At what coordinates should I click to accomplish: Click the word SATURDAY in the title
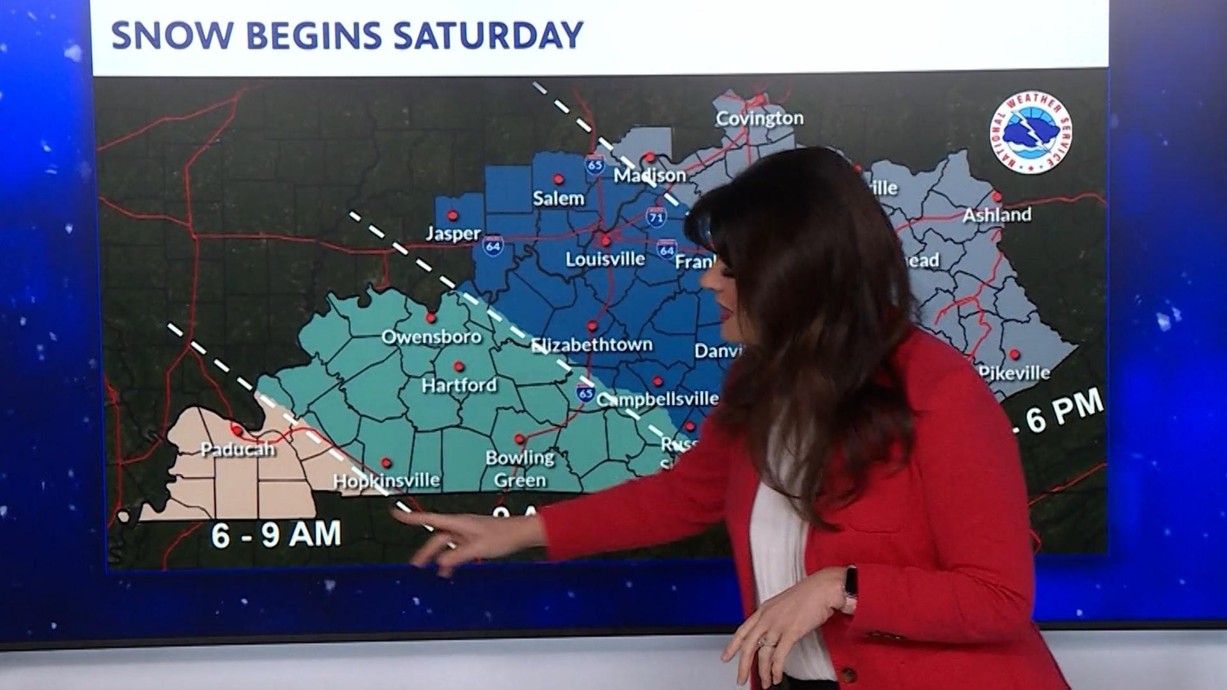[x=488, y=35]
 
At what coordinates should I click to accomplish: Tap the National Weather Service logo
[x=1030, y=132]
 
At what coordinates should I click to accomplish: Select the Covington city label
[x=759, y=118]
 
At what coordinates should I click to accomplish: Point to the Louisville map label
[x=605, y=259]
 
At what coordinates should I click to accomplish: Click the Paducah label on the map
[x=238, y=449]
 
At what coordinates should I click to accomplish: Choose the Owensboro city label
[x=431, y=337]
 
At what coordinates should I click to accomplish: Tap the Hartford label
[x=459, y=385]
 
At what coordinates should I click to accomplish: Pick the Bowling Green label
[x=520, y=469]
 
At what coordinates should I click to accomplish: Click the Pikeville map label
[x=1015, y=373]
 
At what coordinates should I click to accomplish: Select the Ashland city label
[x=997, y=215]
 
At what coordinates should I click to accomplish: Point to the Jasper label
[x=453, y=234]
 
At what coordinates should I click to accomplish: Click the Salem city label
[x=559, y=199]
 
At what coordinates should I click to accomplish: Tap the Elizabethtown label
[x=592, y=345]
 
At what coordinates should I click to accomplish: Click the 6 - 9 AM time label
[x=276, y=534]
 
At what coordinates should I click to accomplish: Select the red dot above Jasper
[x=453, y=215]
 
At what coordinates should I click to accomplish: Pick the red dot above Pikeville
[x=1014, y=354]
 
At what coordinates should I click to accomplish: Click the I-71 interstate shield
[x=655, y=217]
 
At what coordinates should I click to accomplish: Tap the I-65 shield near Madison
[x=595, y=165]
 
